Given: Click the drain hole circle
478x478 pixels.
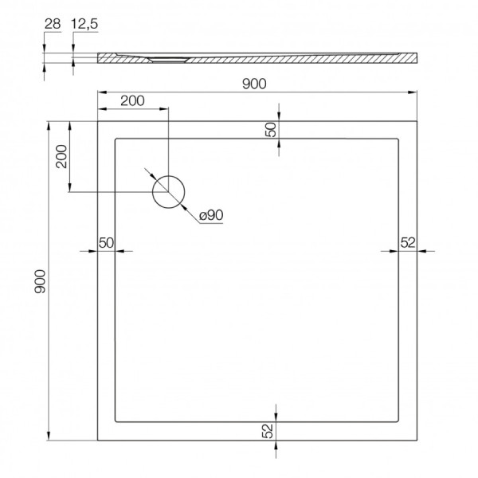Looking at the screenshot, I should click(x=168, y=191).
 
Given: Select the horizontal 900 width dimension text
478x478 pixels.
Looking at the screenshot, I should click(x=254, y=84).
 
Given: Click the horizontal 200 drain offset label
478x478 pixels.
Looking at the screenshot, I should click(x=132, y=100).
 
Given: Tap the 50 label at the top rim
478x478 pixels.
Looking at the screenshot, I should click(x=270, y=131).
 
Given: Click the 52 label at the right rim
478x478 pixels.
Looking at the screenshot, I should click(x=407, y=243).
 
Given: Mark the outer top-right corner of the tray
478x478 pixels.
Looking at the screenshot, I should click(x=417, y=121).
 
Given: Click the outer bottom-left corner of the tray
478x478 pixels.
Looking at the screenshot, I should click(x=97, y=441).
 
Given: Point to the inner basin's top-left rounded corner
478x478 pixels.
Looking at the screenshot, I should click(x=118, y=140).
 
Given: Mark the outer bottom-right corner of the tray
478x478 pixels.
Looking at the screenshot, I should click(x=417, y=441).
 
